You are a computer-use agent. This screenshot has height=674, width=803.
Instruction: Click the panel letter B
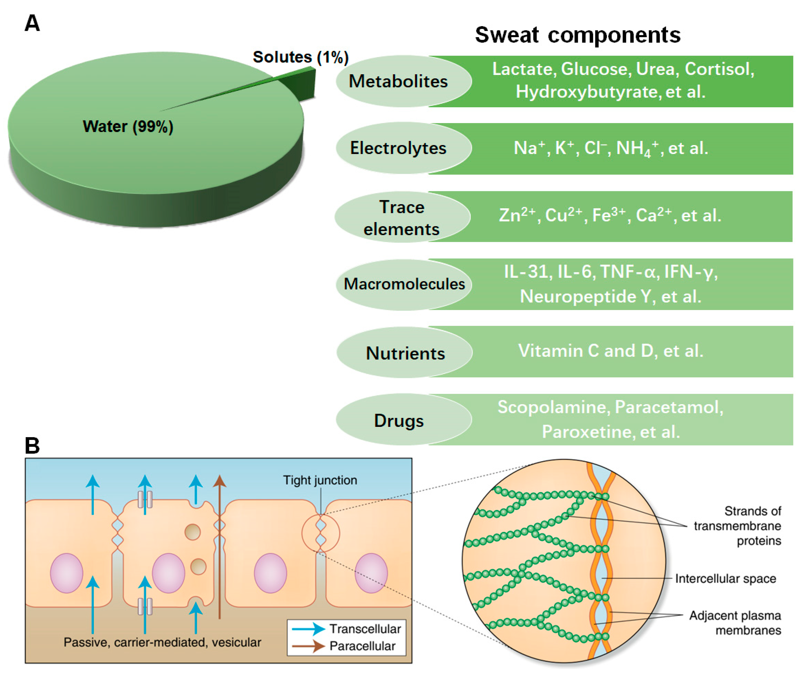click(x=32, y=445)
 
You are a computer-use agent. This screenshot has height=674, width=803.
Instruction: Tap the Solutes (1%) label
click(x=301, y=57)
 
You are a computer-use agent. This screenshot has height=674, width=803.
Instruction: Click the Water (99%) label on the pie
click(x=128, y=126)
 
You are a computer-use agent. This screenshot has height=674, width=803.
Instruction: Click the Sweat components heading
click(x=577, y=35)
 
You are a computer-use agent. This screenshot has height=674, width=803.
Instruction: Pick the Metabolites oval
click(x=399, y=81)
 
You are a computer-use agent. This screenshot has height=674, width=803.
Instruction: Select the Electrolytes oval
click(x=399, y=148)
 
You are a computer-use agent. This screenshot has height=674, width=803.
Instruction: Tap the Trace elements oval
click(x=402, y=218)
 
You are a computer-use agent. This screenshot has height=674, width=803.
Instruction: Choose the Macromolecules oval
click(x=404, y=284)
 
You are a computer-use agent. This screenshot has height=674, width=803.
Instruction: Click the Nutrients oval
click(x=405, y=353)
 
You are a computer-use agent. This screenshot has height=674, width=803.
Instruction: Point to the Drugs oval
click(x=399, y=420)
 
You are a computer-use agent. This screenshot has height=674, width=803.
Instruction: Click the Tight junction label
click(x=320, y=480)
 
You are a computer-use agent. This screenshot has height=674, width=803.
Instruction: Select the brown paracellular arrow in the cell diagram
click(x=219, y=546)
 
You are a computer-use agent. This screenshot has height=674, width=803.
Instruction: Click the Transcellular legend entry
click(x=365, y=629)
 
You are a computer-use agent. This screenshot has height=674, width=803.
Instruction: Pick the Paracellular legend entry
click(x=362, y=646)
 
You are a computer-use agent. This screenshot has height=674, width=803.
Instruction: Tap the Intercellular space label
click(x=725, y=578)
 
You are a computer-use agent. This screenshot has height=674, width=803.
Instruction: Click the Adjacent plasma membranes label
click(x=735, y=623)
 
